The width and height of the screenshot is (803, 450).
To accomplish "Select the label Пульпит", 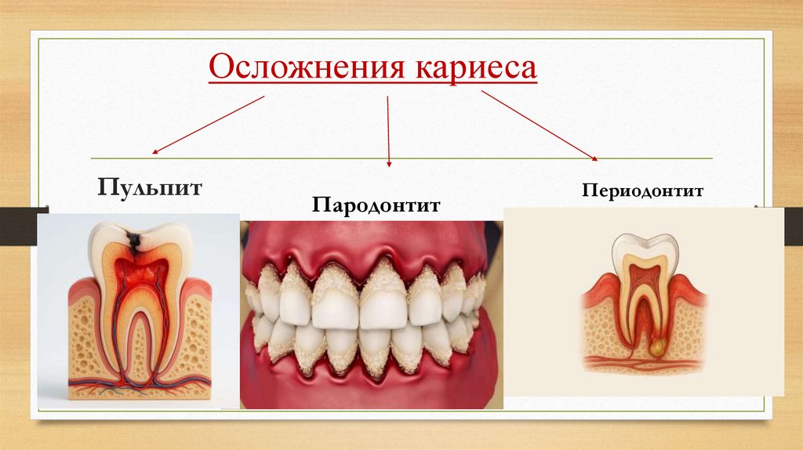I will point(150,187).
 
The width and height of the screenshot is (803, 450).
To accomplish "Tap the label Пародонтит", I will point(376,205).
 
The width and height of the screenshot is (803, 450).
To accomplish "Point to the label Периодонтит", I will point(642,191).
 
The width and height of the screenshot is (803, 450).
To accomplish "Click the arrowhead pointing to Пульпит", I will point(154,152).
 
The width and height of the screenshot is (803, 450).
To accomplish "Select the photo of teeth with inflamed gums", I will point(371,314).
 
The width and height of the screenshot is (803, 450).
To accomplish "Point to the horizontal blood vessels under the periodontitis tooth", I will point(643,362).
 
